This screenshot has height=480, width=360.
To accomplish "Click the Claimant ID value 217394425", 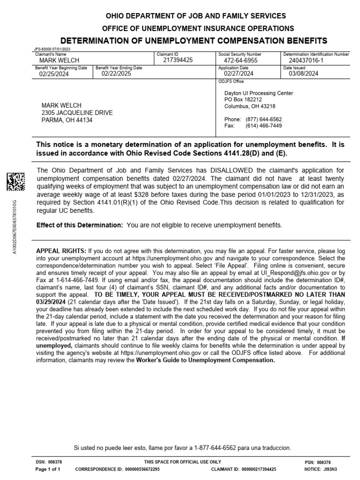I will click(178, 60).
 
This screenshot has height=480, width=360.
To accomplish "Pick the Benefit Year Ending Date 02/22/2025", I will click(116, 74).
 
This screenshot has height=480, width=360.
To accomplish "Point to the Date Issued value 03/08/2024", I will click(303, 74).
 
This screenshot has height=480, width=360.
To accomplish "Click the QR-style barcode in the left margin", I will click(15, 182).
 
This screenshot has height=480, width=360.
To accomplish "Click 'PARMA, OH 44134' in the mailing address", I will click(67, 120).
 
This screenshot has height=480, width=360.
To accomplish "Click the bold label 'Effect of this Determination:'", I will click(80, 225).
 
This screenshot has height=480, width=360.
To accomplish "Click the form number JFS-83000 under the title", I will click(44, 48).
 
